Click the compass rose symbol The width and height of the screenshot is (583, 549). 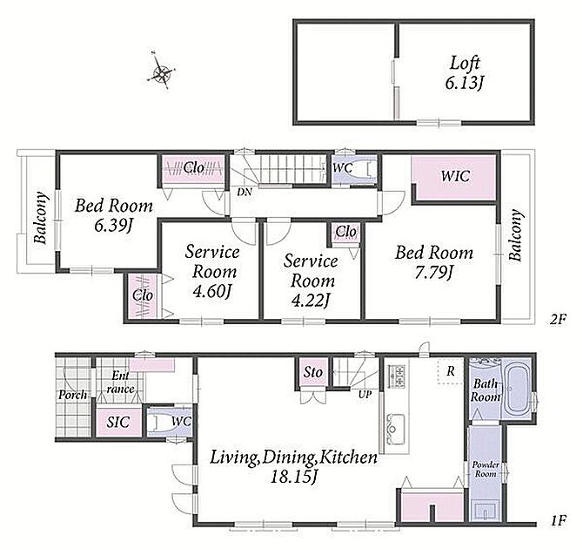coord(162,71)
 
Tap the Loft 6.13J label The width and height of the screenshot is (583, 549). coord(464,72)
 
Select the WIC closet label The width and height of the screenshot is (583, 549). coord(455,176)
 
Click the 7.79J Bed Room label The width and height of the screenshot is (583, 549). coord(434,262)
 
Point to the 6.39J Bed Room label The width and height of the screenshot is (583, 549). coord(114,215)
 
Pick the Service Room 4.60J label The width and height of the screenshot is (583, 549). coord(212,271)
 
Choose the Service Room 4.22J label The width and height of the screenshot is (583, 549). coord(311,281)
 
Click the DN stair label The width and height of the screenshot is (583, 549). coord(245,193)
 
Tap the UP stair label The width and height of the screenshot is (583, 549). coord(365,395)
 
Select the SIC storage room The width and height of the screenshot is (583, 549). coord(118,423)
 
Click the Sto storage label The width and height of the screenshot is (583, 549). coord(312,372)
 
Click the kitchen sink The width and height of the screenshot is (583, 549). coord(396,429)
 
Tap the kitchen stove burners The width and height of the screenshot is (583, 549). coord(396,377)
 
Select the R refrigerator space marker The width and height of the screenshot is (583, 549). coord(451,371)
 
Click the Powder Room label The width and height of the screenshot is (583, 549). coord(486,470)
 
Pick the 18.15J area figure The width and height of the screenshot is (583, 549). coord(294,477)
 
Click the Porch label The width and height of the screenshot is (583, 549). coord(73,395)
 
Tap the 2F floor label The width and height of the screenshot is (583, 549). coord(558,320)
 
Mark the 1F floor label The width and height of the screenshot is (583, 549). coord(558,520)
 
